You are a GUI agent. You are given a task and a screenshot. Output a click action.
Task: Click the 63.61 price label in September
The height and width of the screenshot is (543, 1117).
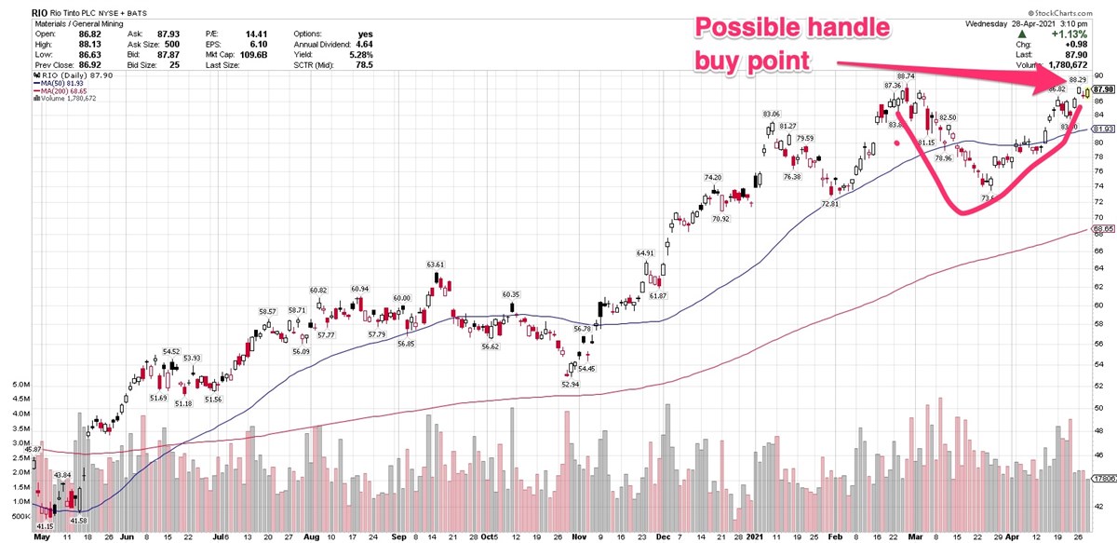tap(436, 265)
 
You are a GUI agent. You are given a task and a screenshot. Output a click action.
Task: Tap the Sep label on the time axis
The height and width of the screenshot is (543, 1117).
tap(398, 536)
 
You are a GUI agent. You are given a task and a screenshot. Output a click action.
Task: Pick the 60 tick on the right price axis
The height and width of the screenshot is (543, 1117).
tap(1098, 305)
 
